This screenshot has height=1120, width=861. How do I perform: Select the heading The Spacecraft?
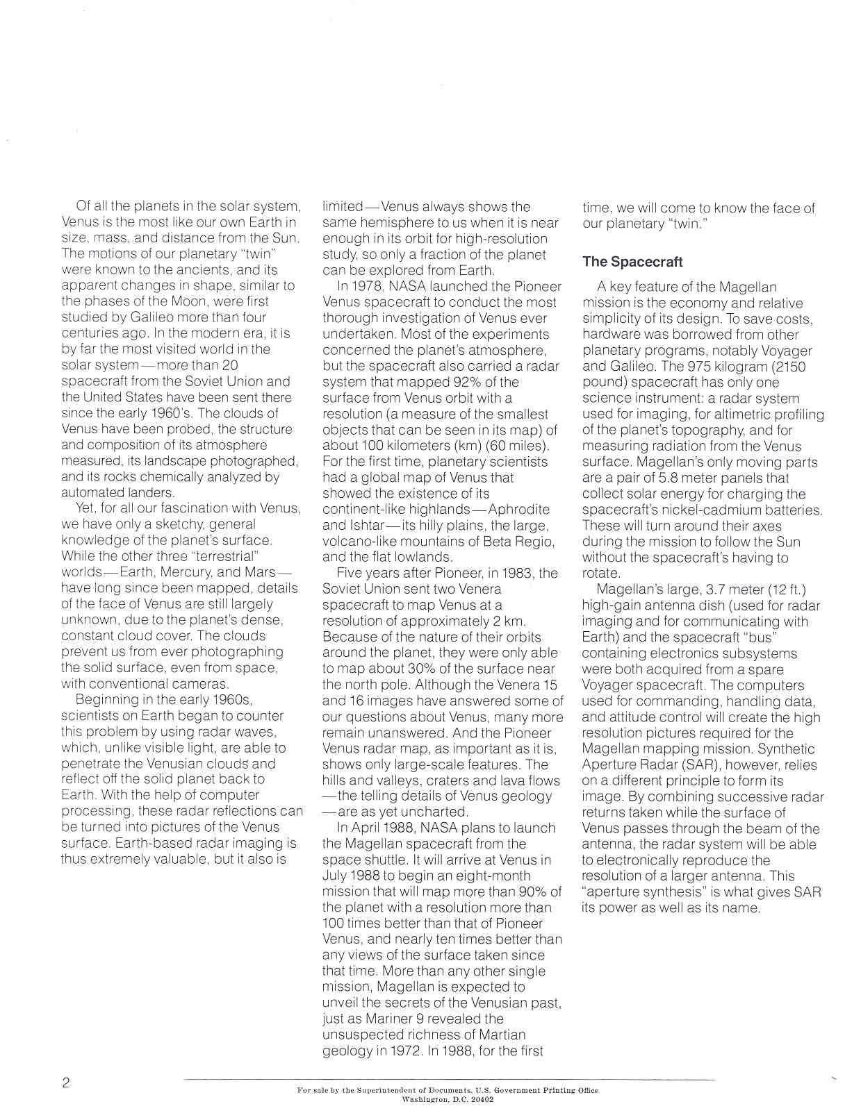click(632, 262)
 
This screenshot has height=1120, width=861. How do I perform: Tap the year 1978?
click(368, 286)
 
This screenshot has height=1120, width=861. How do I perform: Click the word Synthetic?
click(786, 749)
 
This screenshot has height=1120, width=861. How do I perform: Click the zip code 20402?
click(479, 1099)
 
